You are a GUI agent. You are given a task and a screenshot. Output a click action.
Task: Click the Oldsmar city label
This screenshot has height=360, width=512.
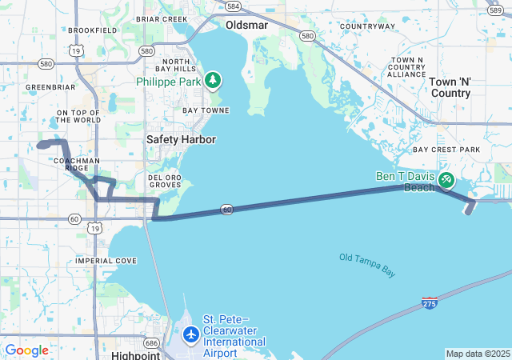point(246,25)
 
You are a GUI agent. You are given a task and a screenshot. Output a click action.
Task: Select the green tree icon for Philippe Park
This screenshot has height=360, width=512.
point(212,80)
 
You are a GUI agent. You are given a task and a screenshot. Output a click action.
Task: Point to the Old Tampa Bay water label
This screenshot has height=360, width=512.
point(367,265)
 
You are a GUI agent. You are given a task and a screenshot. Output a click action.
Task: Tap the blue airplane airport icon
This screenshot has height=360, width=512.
point(190,333)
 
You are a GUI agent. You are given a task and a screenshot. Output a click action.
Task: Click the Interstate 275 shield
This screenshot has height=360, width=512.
point(430,303)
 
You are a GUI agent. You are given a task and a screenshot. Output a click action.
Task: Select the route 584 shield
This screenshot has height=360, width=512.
point(233,6)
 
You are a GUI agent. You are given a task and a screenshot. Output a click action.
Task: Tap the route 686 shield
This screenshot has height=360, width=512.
point(152,342)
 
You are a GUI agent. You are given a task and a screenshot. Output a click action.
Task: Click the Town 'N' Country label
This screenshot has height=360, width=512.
point(450,87)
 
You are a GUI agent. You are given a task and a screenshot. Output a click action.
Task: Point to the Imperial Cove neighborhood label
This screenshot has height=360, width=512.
point(106,261)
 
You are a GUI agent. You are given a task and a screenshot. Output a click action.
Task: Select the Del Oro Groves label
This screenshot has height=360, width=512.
point(165,181)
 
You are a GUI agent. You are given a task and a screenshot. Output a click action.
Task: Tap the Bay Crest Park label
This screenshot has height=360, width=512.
point(446,150)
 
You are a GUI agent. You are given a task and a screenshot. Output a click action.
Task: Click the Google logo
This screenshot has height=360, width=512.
point(26,350)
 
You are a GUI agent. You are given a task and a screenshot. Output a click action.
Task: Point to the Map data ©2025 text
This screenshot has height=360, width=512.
point(478,354)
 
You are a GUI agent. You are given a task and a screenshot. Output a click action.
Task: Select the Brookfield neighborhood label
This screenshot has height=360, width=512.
point(93,30)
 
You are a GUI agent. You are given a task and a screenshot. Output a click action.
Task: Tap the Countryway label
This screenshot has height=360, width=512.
point(367,26)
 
